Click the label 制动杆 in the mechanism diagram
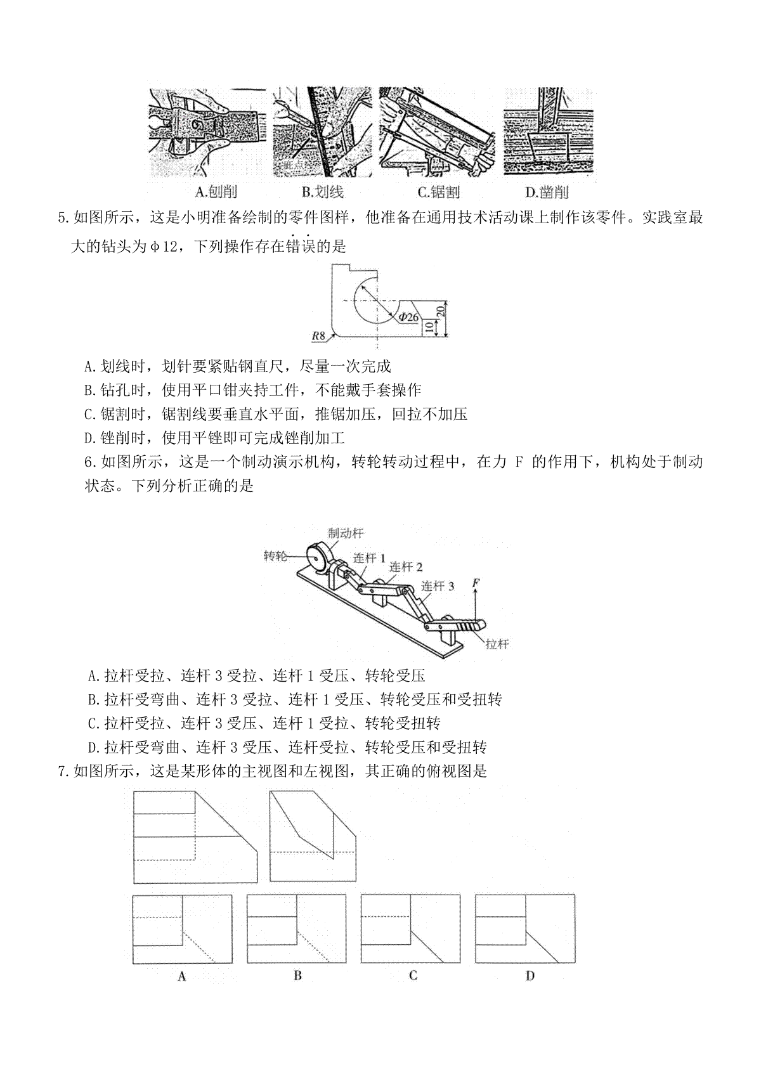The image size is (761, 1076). (346, 534)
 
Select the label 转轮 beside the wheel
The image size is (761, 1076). (275, 556)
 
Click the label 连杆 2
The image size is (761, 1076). (406, 567)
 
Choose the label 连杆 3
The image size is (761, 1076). (438, 586)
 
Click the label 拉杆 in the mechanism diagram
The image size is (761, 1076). (497, 644)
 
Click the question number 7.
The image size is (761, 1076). (63, 772)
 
